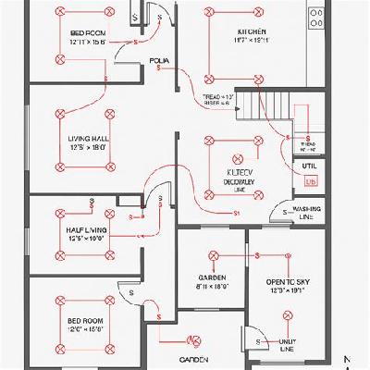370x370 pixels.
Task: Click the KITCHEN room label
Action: (251, 32)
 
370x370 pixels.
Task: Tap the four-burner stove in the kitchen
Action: (316, 17)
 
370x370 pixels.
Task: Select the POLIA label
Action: (159, 61)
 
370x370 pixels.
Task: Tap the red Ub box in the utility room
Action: (310, 182)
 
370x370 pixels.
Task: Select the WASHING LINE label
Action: (306, 212)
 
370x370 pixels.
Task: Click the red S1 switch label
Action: (237, 214)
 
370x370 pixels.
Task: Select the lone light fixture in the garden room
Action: (214, 255)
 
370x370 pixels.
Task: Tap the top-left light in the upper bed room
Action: (60, 13)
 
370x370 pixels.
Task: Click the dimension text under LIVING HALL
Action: (87, 147)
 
